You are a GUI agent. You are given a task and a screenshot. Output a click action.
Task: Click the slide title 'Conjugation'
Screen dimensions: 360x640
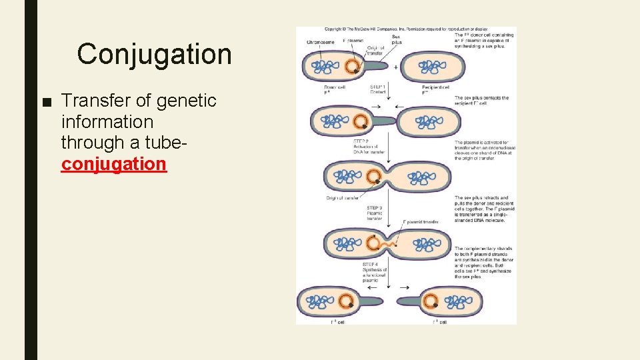(154, 54)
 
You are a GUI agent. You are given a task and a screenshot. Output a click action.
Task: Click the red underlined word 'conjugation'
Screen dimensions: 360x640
(113, 163)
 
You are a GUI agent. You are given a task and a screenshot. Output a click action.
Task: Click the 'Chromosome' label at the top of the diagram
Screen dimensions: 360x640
(321, 42)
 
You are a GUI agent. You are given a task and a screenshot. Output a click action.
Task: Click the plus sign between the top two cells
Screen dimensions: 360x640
(396, 67)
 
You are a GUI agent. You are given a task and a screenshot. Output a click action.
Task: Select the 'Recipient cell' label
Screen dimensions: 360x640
(435, 89)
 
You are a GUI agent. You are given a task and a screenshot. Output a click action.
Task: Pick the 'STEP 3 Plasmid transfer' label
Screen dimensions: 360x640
(375, 213)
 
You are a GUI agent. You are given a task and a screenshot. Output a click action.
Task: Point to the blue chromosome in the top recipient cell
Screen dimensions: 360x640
(433, 67)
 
